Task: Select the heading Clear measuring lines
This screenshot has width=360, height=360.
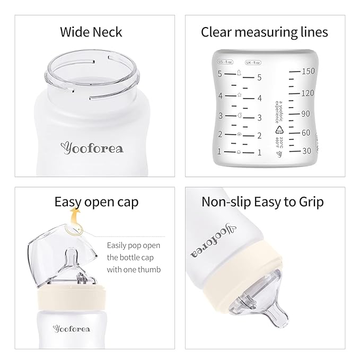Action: [264, 32]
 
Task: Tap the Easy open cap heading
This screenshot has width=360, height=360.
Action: [96, 203]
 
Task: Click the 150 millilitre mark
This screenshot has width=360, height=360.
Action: [308, 71]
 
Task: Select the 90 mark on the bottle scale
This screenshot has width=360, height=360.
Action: [305, 113]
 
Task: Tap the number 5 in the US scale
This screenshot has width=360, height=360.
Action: [219, 74]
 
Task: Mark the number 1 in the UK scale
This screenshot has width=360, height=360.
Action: [259, 153]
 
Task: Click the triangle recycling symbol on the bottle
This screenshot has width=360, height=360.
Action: [277, 129]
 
